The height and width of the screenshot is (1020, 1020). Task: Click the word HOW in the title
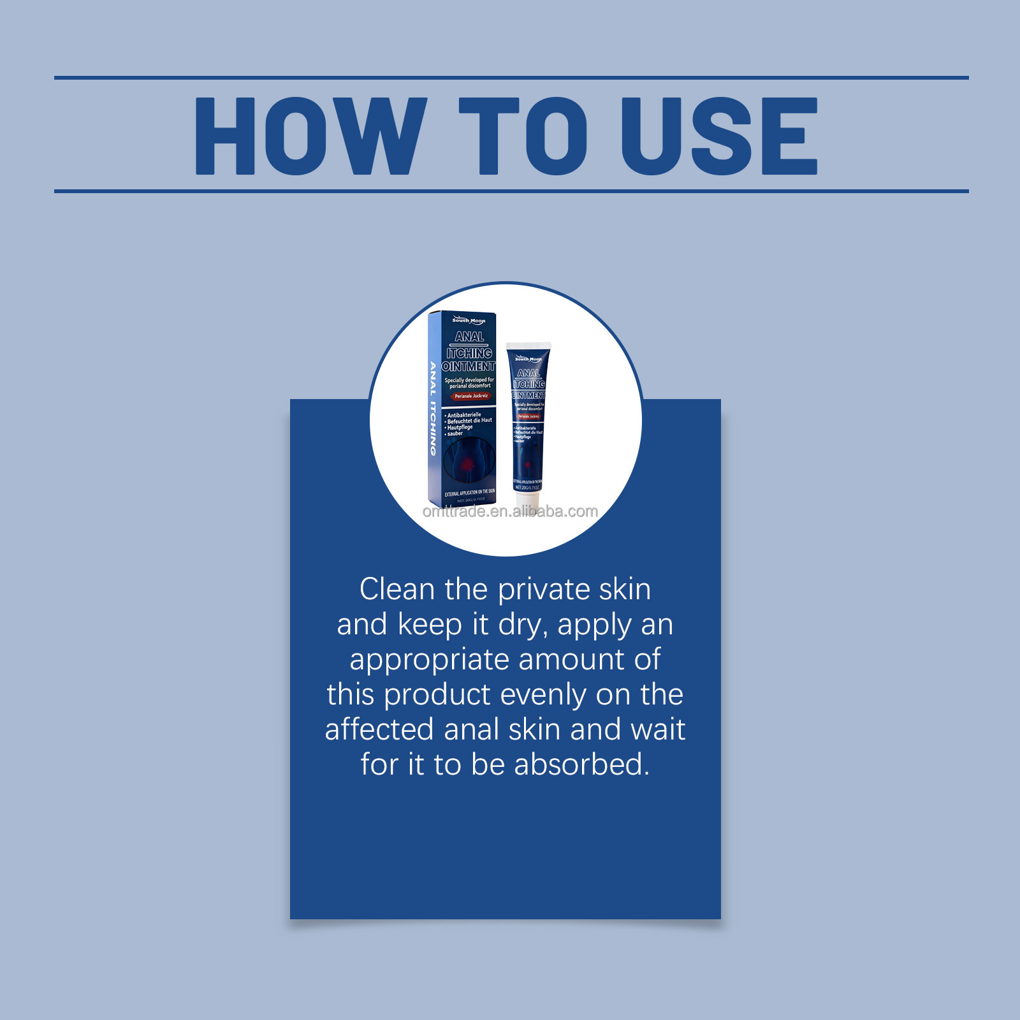[310, 136]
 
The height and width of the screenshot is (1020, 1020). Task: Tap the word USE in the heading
[719, 136]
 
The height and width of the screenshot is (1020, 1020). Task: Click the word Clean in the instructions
[397, 589]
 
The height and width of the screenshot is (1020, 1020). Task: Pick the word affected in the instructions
[379, 729]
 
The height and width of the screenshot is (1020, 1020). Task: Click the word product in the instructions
[436, 695]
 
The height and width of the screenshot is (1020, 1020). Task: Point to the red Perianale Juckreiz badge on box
[471, 396]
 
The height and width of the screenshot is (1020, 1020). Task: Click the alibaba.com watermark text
[510, 511]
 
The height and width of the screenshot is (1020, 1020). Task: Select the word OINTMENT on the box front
[469, 367]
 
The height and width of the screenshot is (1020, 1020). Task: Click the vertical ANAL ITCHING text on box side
[433, 408]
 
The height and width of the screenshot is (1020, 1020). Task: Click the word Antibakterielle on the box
[464, 415]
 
